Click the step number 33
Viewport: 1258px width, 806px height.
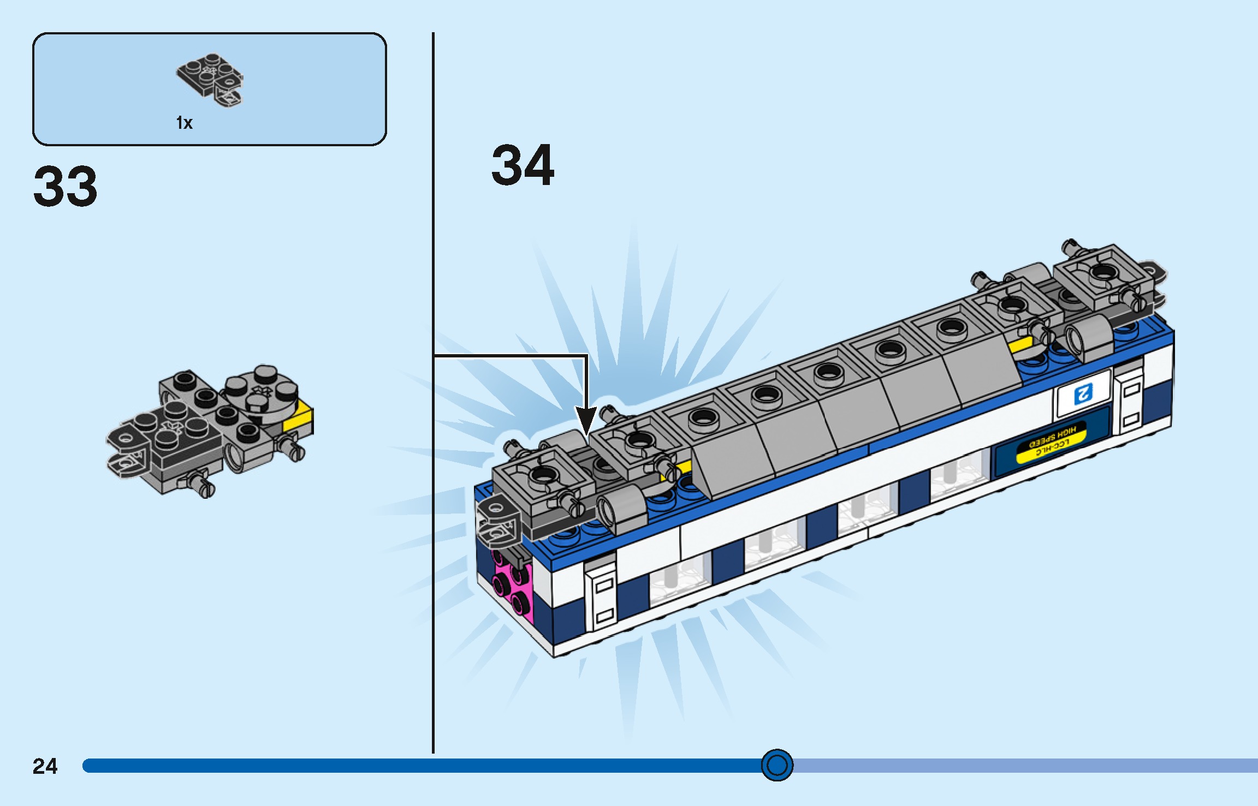click(66, 187)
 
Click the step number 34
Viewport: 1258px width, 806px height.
click(523, 165)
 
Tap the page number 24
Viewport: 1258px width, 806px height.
click(45, 766)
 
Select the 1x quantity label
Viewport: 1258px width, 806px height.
click(184, 123)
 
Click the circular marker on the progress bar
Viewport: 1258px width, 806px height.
click(776, 765)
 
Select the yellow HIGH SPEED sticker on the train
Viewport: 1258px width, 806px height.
click(1051, 441)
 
